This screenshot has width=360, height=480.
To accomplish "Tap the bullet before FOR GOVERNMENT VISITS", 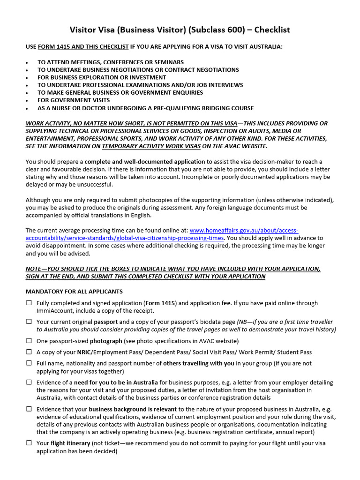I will pos(27,100).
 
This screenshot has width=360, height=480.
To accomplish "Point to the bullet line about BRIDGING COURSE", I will pos(145,108).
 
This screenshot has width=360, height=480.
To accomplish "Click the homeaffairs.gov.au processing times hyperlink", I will pos(162,234).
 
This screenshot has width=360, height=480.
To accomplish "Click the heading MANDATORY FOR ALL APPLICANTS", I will pos(74,292).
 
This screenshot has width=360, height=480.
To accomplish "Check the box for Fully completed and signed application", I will pos(29,303).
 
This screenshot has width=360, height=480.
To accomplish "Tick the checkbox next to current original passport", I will pos(29,322).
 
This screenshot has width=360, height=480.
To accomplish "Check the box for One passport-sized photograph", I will pos(29,341).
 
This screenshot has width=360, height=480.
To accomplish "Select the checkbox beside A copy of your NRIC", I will pos(29,352).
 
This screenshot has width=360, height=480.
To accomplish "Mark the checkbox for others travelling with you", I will pos(29,363).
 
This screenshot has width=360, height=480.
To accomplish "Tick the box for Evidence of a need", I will pos(29,382).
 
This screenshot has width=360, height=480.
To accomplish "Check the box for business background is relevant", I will pos(29,409).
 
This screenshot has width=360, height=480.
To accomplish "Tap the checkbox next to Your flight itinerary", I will pos(29,443).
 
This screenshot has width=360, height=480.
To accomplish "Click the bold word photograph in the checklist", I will pos(106,341).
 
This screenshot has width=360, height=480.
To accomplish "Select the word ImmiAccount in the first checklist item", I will pos(55,311).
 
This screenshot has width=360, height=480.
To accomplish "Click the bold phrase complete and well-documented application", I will pos(144,162).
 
